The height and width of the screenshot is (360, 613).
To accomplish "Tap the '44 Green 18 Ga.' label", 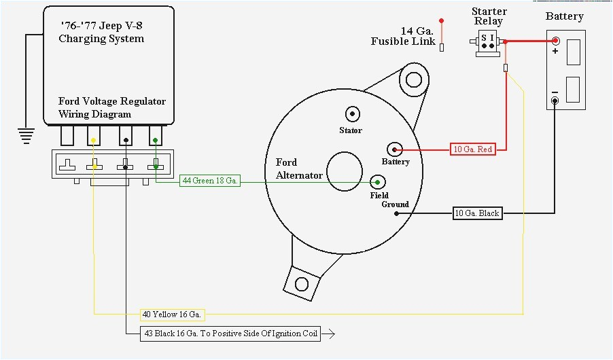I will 210,181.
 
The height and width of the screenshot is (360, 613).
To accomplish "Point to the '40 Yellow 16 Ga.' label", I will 173,314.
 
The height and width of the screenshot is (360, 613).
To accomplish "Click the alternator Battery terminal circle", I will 395,149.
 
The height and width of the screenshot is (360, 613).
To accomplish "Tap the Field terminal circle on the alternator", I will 378,181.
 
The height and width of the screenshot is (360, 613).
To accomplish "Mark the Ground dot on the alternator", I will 396,213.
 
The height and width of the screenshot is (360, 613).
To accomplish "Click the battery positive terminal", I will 555,41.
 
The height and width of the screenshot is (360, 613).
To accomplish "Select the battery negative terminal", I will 555,101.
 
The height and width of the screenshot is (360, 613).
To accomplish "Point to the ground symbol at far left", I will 27,135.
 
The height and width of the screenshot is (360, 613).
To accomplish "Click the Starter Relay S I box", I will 487,41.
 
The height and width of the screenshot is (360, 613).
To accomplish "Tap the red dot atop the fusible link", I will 441,21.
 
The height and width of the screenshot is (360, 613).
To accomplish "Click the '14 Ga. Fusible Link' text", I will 404,37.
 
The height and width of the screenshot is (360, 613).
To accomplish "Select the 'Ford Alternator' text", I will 299,169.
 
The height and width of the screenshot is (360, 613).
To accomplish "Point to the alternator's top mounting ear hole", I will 413,80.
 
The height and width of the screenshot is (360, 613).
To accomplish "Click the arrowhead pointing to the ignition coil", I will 330,334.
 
